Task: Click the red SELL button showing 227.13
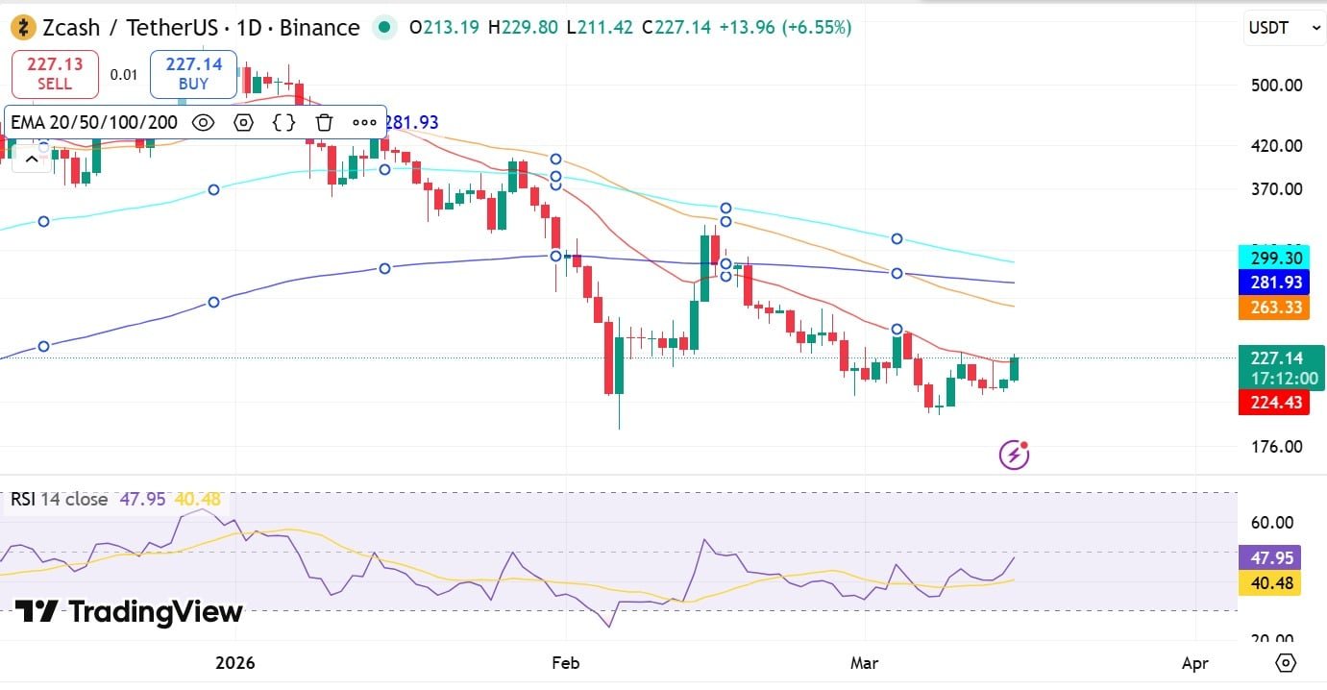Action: [55, 74]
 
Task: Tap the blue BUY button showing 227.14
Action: [193, 74]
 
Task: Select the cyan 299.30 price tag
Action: [1269, 259]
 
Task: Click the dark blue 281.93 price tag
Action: [1269, 283]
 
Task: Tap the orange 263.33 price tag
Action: [1269, 308]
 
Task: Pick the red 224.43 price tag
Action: [1269, 403]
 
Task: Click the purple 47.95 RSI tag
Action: [1269, 558]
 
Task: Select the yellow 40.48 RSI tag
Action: [1269, 583]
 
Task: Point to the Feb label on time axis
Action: [566, 663]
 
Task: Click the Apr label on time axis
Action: [1194, 663]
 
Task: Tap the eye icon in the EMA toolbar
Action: [203, 122]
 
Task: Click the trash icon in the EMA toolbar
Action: [324, 122]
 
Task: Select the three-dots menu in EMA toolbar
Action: [364, 122]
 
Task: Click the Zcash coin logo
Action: [23, 28]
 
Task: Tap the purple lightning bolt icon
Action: [1015, 454]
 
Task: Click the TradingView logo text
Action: [130, 612]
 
